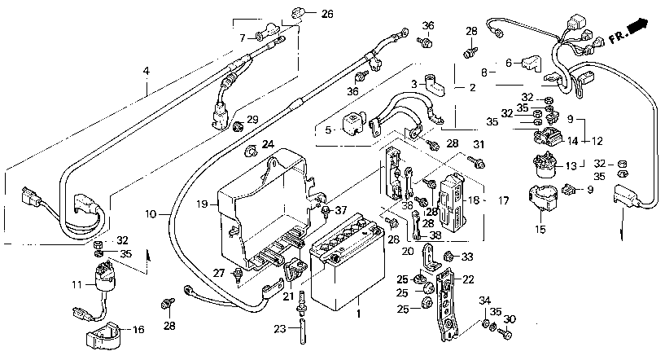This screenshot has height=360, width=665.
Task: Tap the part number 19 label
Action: (x=202, y=204)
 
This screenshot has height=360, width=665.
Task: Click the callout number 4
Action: (x=147, y=71)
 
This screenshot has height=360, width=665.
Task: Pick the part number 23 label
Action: (x=279, y=328)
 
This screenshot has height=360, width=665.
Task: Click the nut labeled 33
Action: (x=447, y=256)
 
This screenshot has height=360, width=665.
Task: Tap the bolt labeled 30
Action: (x=505, y=334)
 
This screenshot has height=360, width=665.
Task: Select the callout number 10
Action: (x=151, y=214)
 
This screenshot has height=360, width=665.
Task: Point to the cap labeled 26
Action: (x=298, y=14)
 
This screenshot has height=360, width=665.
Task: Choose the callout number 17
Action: (x=503, y=200)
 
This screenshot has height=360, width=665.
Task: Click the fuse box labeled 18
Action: (x=452, y=200)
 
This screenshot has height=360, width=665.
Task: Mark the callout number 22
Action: (x=468, y=279)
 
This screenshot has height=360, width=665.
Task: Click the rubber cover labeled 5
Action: (x=351, y=125)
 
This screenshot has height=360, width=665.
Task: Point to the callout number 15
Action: (x=540, y=230)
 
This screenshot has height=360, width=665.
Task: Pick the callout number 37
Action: (x=341, y=210)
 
